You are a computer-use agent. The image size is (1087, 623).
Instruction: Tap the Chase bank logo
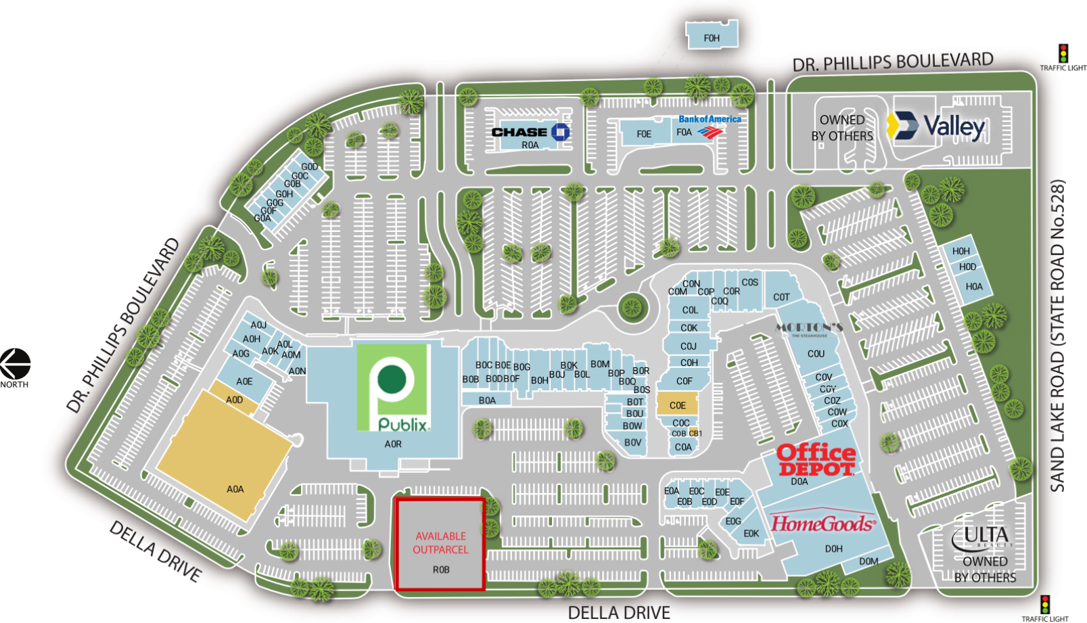click(531, 132)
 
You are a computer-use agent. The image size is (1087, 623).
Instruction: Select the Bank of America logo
click(710, 125)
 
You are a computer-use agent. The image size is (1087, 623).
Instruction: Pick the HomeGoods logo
click(823, 523)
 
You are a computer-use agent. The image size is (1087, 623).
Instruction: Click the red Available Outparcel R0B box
click(440, 545)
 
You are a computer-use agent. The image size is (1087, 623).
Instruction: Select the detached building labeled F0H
click(712, 35)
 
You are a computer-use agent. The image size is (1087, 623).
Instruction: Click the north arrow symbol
click(15, 364)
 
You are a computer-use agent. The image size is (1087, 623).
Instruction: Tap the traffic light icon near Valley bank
click(1063, 53)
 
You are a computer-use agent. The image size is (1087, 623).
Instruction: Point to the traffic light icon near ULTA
click(1045, 604)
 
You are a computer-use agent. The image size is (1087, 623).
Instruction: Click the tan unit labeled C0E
click(678, 405)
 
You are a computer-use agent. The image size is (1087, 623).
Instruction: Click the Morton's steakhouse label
click(809, 328)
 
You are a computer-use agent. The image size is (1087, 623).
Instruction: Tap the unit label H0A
click(974, 287)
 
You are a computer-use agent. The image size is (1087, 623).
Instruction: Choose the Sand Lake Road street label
click(1058, 335)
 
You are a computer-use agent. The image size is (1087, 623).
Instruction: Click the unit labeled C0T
click(781, 296)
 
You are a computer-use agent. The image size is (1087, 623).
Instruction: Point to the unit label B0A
click(487, 400)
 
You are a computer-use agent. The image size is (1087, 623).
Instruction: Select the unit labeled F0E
click(644, 134)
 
